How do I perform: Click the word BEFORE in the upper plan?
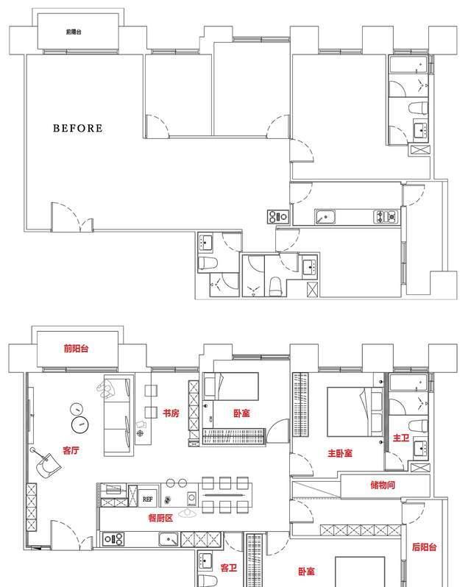(77, 128)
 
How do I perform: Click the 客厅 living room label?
(72, 451)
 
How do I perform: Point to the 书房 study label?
(171, 413)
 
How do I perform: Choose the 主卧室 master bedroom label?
(340, 453)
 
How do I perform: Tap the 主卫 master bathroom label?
(400, 438)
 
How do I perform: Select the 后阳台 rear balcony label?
(424, 547)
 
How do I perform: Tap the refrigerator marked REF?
(148, 498)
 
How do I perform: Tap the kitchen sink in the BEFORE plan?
(325, 216)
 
